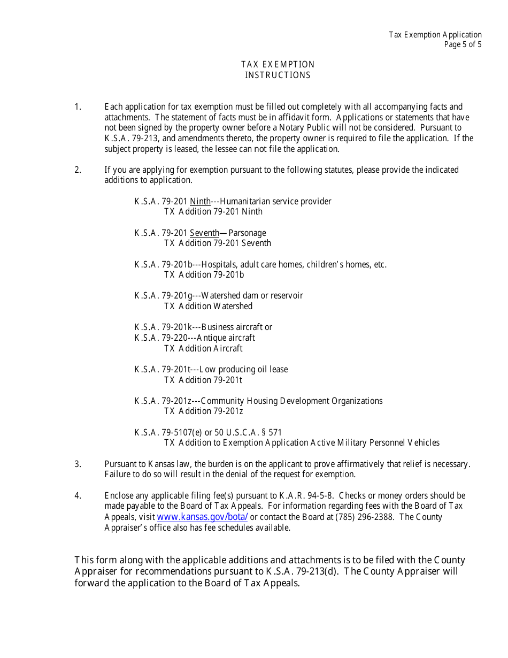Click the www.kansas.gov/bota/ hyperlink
(202, 517)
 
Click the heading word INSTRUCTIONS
(278, 75)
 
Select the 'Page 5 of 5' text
(463, 44)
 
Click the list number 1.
(78, 107)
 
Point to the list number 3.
(78, 464)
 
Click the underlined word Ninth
(200, 201)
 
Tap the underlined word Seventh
(204, 233)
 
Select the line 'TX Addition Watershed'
(208, 306)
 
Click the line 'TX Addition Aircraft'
(203, 348)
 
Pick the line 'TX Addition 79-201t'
(203, 380)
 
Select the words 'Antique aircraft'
(226, 338)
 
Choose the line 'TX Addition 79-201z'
(204, 411)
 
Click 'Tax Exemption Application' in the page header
(435, 35)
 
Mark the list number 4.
(78, 495)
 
